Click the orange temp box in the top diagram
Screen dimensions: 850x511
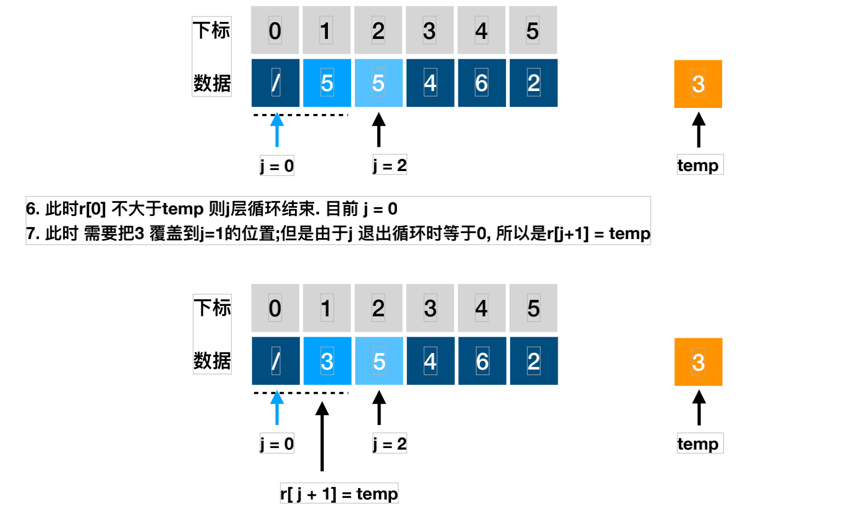click(698, 84)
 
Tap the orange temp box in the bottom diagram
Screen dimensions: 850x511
click(698, 362)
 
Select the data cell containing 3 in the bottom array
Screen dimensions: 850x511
click(327, 361)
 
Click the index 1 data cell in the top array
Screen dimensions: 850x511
click(327, 83)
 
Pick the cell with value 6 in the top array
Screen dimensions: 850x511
click(481, 83)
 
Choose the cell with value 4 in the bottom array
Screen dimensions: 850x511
click(430, 361)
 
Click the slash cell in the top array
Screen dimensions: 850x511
click(275, 83)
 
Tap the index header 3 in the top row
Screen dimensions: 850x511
click(430, 31)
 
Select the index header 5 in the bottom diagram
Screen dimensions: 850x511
click(533, 308)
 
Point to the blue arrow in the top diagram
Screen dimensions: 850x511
click(277, 130)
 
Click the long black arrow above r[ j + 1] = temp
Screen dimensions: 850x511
click(322, 436)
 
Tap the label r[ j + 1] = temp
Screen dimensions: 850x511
click(339, 493)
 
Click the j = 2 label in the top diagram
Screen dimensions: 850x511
click(389, 165)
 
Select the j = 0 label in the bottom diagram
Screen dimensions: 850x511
click(277, 443)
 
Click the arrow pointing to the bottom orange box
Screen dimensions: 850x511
click(699, 408)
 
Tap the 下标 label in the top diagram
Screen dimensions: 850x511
click(212, 31)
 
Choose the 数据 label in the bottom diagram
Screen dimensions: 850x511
click(212, 361)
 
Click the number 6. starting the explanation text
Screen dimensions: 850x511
click(33, 209)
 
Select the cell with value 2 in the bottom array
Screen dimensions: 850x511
click(534, 361)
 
